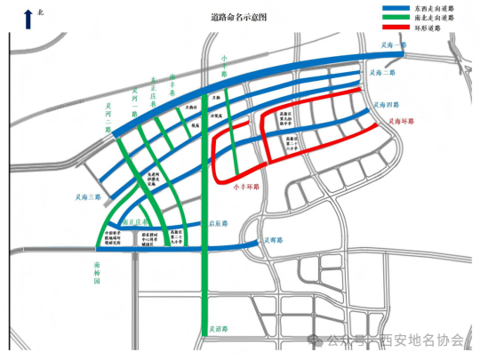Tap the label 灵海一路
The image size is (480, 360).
tap(392, 44)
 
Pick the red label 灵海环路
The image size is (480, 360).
tap(404, 122)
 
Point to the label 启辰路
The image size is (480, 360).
tap(218, 223)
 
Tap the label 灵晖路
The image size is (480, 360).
tap(272, 240)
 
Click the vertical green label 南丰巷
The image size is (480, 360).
tap(174, 84)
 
